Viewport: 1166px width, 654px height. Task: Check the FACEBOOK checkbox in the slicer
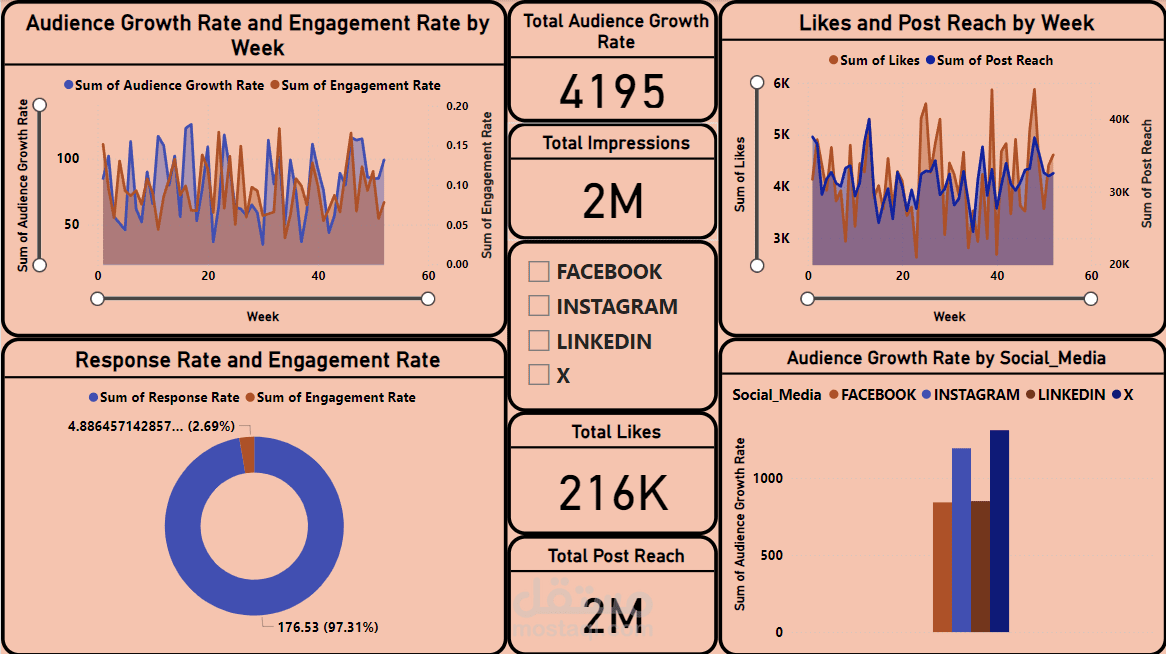[539, 272]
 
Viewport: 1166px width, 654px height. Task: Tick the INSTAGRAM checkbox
[539, 306]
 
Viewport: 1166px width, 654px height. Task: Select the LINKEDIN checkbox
[539, 341]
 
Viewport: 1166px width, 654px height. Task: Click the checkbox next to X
[539, 375]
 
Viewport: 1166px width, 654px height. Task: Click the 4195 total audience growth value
[612, 92]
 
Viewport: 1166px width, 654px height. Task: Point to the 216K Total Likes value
[612, 493]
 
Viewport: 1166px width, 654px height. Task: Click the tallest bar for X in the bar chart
[999, 531]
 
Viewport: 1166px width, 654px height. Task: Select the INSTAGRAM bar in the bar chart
[961, 540]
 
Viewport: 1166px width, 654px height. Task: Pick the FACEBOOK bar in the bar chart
[942, 567]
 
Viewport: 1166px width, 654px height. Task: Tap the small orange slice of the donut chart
[247, 455]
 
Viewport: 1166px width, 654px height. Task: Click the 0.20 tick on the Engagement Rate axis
[458, 105]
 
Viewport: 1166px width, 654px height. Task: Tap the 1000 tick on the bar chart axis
[769, 478]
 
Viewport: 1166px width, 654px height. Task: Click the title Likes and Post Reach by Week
[946, 23]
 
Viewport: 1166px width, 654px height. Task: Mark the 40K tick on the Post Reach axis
[1118, 119]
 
